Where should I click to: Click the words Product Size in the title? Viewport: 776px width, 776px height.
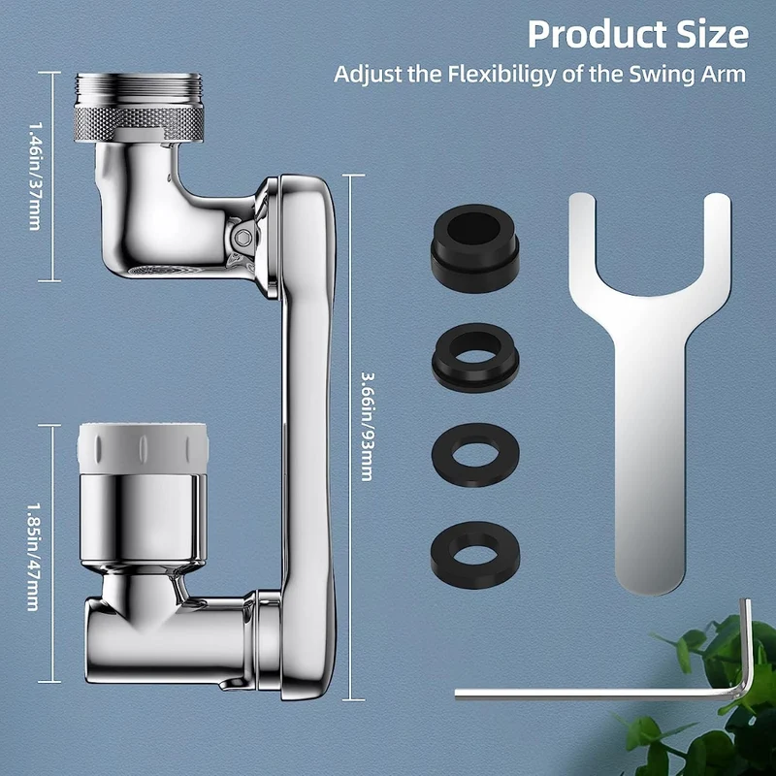pos(637,34)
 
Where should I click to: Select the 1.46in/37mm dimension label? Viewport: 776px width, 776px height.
pos(35,177)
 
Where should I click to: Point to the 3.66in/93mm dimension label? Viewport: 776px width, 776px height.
pos(367,427)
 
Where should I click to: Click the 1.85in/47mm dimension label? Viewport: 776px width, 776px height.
pos(33,557)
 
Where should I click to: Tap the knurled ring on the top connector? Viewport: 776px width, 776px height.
pos(139,123)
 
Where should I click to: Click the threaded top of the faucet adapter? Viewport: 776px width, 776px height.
pos(139,89)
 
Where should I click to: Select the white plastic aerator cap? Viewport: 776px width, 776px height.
pos(143,447)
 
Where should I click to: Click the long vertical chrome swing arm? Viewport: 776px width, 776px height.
pos(307,436)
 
